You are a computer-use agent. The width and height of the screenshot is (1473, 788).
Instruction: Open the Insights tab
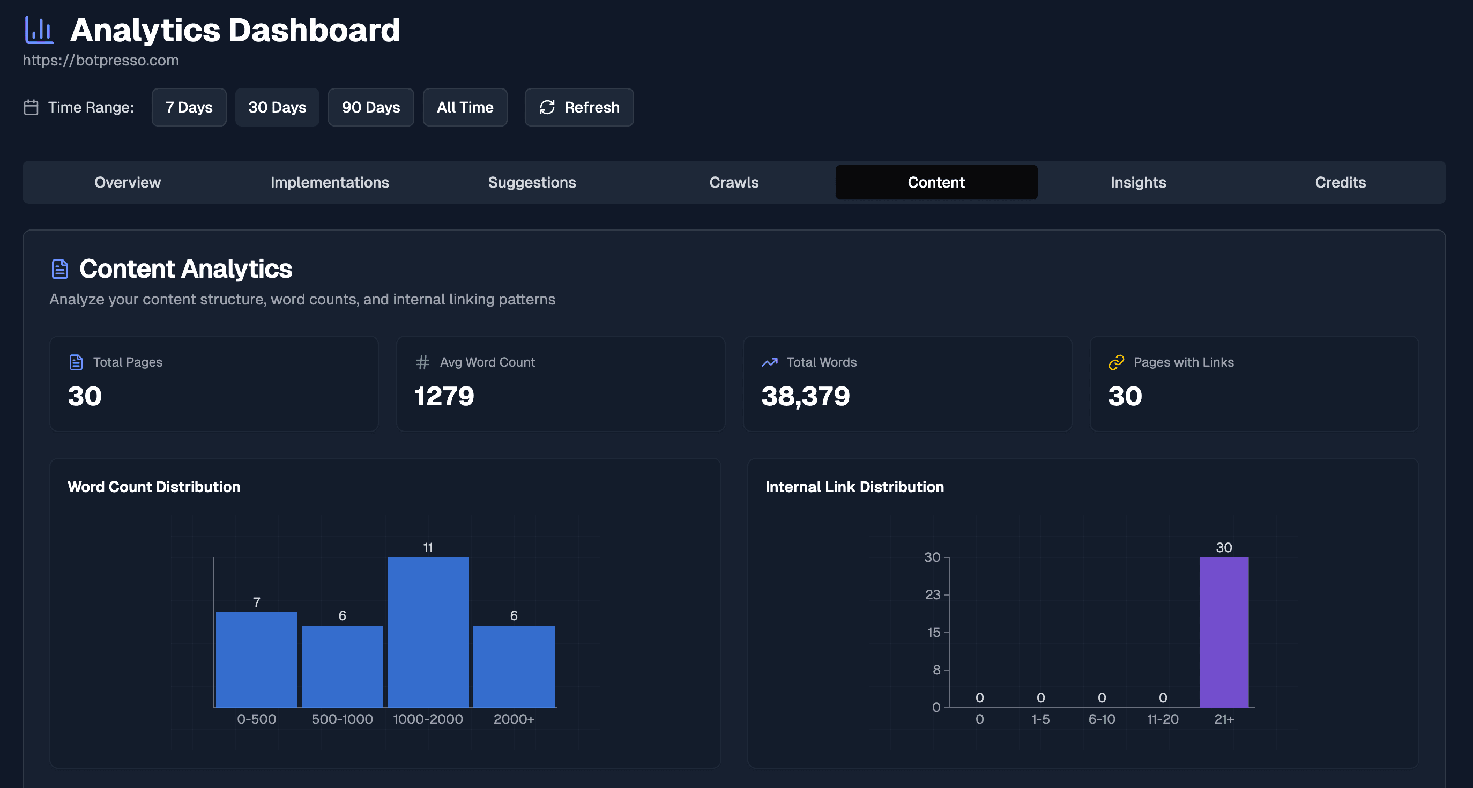(x=1138, y=182)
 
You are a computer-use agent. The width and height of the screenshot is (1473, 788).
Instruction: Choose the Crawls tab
(x=734, y=182)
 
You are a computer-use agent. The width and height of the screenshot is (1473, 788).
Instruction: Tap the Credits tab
(x=1340, y=182)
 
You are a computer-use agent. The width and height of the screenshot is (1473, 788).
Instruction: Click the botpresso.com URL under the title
(x=101, y=60)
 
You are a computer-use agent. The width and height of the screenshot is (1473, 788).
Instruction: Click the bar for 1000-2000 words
(x=428, y=632)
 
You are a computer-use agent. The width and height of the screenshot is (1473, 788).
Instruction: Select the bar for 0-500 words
(x=256, y=659)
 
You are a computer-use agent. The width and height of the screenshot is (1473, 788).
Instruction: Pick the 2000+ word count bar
(x=514, y=666)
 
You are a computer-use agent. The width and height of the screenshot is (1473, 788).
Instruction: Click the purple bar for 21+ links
(x=1224, y=632)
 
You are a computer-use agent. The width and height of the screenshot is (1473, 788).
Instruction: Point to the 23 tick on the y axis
(x=933, y=594)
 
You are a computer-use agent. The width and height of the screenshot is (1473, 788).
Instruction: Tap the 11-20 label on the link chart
(x=1163, y=719)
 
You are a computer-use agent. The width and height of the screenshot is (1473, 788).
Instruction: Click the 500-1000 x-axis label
(x=342, y=719)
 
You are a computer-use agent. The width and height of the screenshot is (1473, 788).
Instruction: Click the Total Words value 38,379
(x=805, y=396)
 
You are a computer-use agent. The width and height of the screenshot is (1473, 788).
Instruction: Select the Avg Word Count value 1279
(x=444, y=396)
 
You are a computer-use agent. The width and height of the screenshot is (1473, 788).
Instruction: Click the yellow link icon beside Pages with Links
(x=1116, y=362)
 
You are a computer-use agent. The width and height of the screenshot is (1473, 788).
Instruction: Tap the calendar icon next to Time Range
(x=31, y=108)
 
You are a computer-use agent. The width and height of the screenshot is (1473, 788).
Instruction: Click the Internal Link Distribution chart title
(x=854, y=487)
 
